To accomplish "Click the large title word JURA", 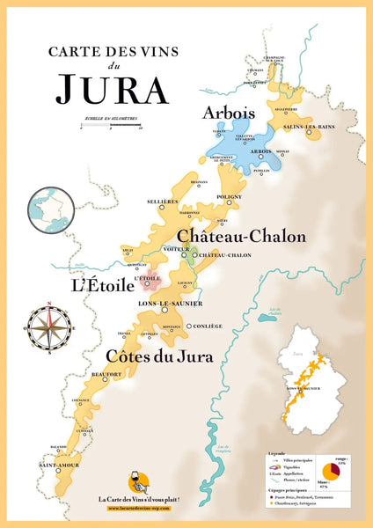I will click(x=111, y=88).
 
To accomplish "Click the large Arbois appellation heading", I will click(x=228, y=113).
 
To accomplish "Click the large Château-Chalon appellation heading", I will click(x=242, y=236).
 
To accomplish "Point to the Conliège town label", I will click(x=208, y=326).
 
